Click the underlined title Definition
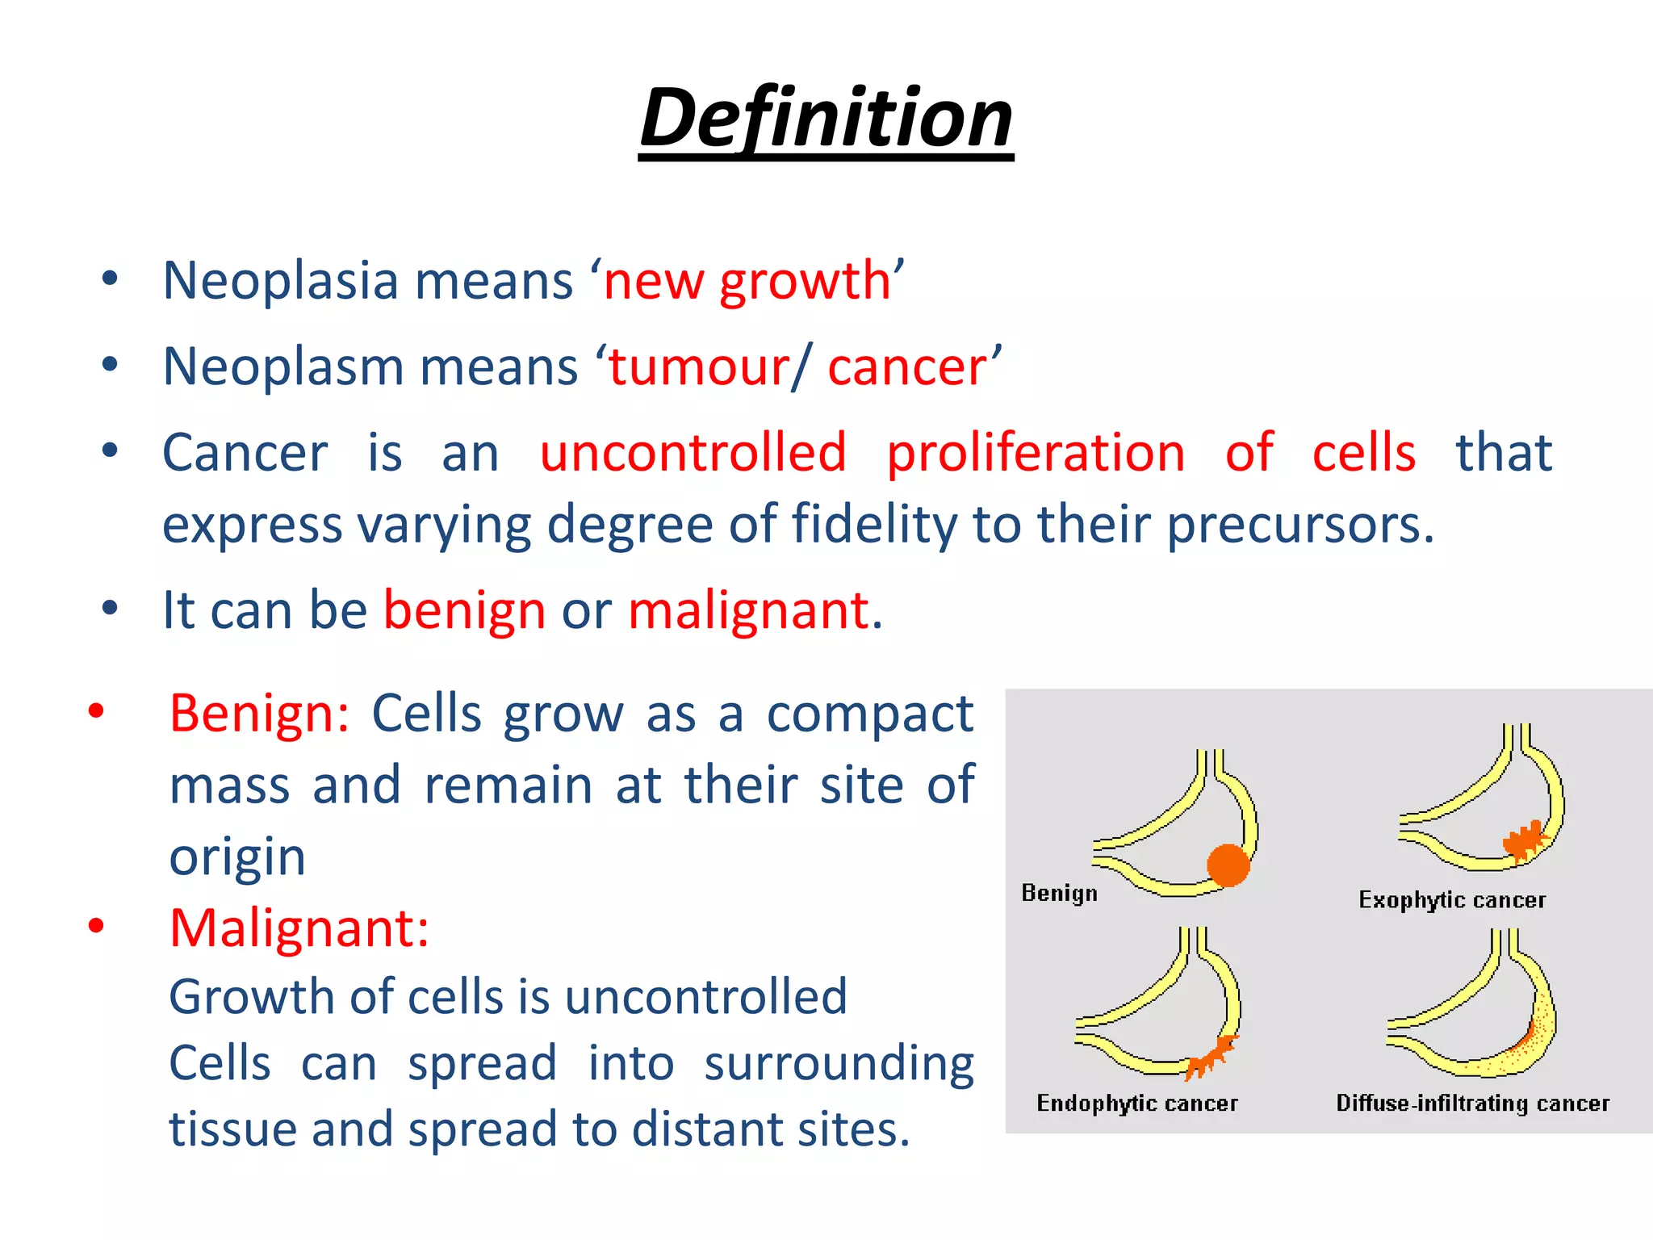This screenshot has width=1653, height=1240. coord(826,119)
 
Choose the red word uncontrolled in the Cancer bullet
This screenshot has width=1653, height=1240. coord(693,452)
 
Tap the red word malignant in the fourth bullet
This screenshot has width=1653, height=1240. coord(749,610)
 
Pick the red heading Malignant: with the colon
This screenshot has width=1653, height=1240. coord(299,928)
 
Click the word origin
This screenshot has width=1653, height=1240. coord(237,857)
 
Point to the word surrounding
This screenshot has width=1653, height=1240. coord(839,1064)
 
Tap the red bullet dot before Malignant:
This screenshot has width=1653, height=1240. coord(96,926)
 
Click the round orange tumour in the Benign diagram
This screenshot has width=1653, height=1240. coord(1228,865)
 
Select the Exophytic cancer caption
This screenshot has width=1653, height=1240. coord(1451,900)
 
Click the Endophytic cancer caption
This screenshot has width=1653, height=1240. coord(1136,1104)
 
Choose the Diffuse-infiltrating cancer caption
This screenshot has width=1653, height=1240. coord(1472,1104)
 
